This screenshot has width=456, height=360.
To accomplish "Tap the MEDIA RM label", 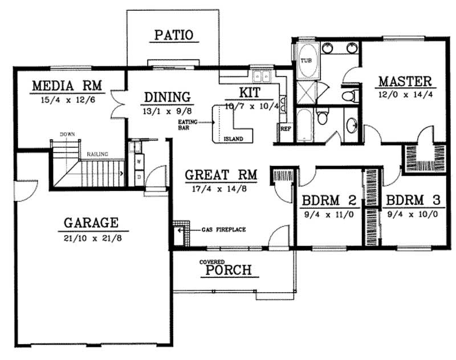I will (x=66, y=86).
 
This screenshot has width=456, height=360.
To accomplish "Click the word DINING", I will (x=166, y=96).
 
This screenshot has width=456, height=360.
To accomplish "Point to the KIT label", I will (x=250, y=92).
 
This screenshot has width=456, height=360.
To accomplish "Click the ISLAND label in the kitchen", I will (x=233, y=139).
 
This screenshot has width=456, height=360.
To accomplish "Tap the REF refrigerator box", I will (x=286, y=129).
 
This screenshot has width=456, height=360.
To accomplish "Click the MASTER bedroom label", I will (x=405, y=80).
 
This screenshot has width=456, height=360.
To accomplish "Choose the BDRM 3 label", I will (x=413, y=201).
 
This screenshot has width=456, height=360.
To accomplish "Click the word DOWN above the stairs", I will (x=67, y=135).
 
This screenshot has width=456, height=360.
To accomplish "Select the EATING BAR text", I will (x=188, y=125).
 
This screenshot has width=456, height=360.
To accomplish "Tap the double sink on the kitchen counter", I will (x=262, y=76).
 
